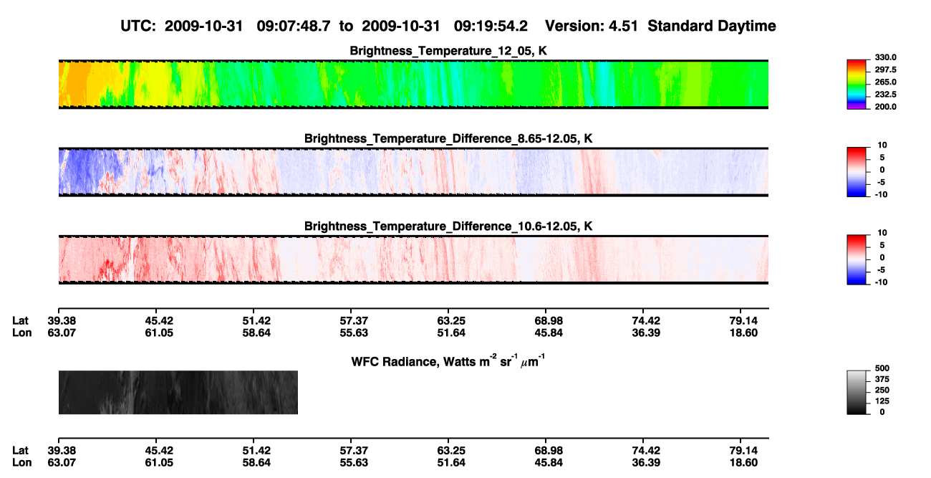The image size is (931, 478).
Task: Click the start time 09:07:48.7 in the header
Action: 294,27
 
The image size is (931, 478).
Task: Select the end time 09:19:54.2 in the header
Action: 491,27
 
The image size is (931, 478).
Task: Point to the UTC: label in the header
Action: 138,27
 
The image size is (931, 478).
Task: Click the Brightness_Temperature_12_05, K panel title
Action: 448,51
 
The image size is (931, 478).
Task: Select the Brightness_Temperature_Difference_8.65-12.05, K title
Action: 448,138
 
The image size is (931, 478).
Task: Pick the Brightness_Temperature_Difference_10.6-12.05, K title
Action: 448,226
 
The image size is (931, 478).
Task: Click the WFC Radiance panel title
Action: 448,360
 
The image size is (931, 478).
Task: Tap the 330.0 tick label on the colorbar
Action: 885,57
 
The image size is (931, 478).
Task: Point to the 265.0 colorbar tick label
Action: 885,82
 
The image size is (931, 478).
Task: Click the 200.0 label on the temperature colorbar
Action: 885,107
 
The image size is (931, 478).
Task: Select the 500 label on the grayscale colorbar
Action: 882,368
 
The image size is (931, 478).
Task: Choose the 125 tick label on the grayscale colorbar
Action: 882,401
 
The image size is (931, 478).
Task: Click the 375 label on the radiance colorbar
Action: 882,379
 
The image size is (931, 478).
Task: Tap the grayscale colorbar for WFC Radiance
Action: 857,393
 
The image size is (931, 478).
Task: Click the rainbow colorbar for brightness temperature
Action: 857,85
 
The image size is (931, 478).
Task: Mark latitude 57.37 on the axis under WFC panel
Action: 354,451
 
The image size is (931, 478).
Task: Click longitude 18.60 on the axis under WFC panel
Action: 743,463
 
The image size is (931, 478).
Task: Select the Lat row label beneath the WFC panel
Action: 20,451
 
